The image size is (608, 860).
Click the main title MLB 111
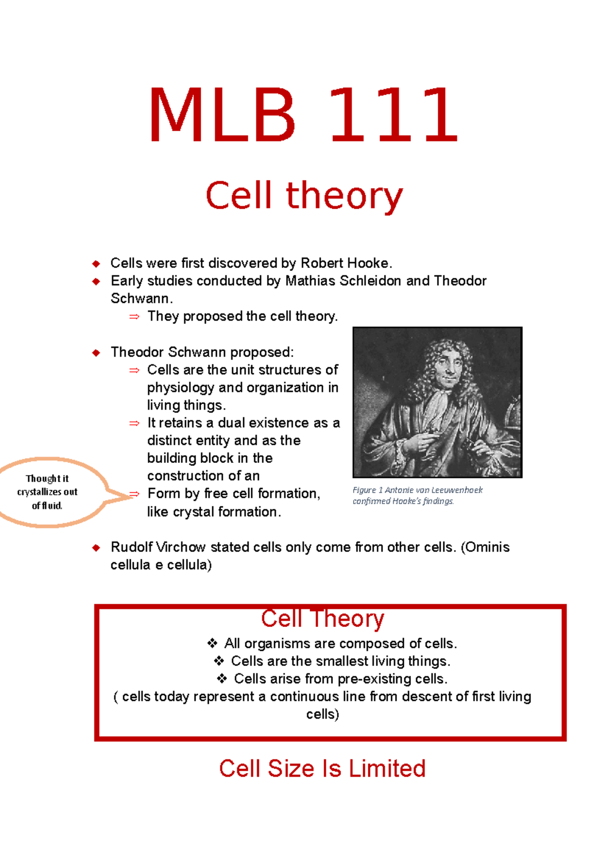tap(303, 116)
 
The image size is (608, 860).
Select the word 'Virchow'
tap(181, 548)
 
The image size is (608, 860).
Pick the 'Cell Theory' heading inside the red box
tap(322, 619)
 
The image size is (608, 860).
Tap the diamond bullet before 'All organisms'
tap(212, 644)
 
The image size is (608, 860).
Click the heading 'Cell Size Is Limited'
tap(322, 769)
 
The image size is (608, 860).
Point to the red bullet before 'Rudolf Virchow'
tap(96, 548)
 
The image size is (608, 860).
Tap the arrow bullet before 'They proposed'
tap(134, 317)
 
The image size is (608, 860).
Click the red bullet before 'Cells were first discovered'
tap(96, 263)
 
